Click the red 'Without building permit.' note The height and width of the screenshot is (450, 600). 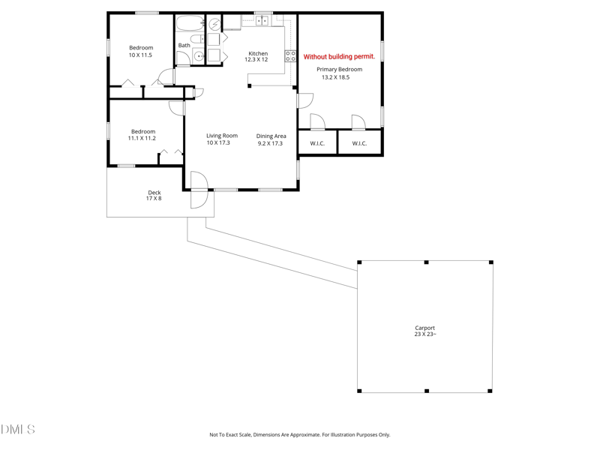339,56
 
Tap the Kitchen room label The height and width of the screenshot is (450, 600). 258,53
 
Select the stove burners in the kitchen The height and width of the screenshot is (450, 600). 290,56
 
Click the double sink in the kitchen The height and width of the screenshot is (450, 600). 262,21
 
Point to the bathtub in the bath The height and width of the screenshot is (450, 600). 190,22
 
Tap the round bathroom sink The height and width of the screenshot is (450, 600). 199,56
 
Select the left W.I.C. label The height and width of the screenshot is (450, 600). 317,143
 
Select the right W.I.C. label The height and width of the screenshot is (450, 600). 359,143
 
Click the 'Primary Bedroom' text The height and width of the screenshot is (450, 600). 339,69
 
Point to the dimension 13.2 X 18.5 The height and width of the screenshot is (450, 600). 335,77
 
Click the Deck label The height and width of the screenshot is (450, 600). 154,193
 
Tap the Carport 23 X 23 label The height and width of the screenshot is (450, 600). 424,331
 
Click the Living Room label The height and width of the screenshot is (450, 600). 222,136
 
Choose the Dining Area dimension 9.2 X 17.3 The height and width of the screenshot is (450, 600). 270,143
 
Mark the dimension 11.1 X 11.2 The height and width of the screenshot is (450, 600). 142,139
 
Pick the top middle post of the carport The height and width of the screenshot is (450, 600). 426,262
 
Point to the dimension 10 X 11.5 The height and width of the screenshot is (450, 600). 140,55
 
